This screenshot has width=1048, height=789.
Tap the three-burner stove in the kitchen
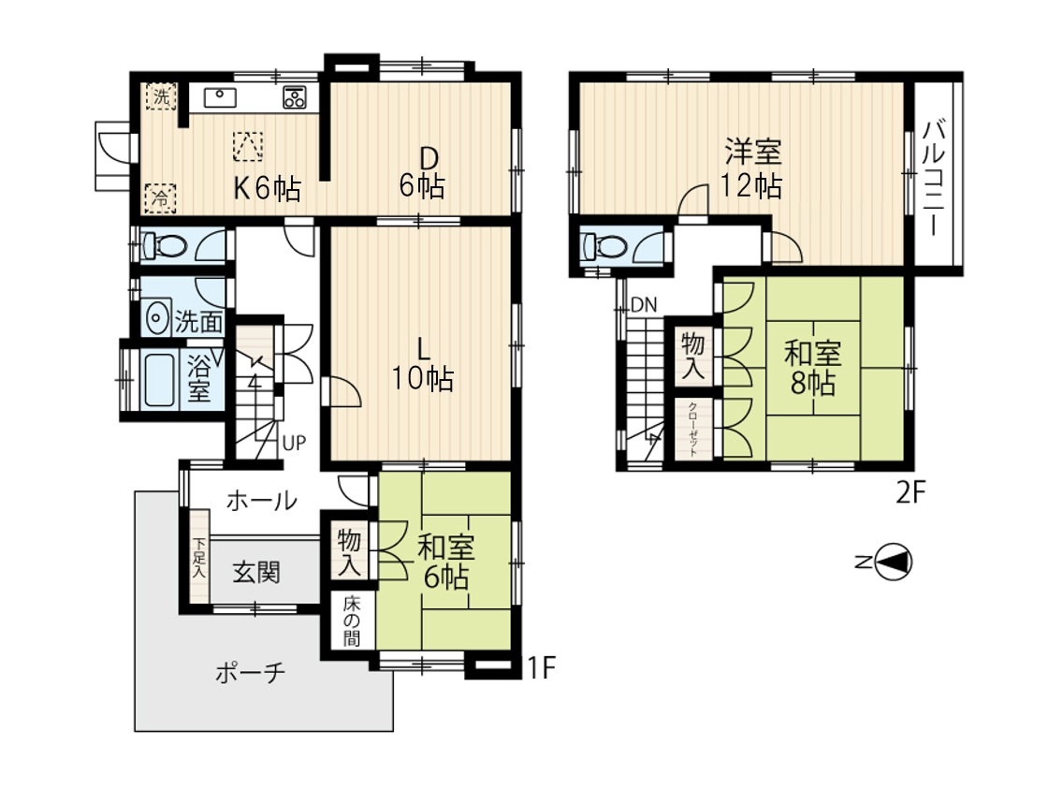point(295,97)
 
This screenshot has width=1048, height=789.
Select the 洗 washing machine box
point(161,95)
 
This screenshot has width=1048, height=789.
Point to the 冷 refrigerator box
point(160,197)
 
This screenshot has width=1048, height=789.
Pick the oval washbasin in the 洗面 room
point(158,319)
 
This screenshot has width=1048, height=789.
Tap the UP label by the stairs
point(294,443)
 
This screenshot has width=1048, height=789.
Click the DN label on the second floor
point(645,305)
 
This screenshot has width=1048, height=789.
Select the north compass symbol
point(887,562)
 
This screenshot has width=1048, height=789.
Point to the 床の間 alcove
point(352,621)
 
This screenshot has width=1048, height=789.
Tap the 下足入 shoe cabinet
point(199,556)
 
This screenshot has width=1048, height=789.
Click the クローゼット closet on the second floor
point(693,430)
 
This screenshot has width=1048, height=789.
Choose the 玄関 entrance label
point(256,573)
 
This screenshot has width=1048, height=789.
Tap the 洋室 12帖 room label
point(751,168)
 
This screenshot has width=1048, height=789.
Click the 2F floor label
point(910,493)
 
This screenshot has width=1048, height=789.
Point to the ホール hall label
point(261,500)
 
